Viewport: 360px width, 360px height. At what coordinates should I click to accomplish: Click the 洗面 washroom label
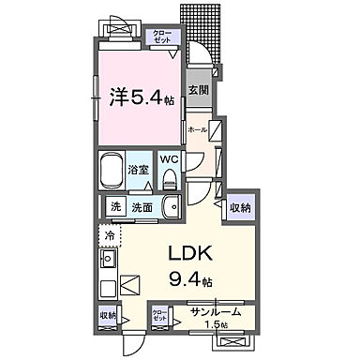coord(141,207)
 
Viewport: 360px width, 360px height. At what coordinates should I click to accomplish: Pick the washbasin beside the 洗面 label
coord(170,207)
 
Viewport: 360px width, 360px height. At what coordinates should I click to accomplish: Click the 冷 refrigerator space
coord(109,236)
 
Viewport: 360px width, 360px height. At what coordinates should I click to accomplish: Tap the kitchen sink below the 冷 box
coord(107,258)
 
